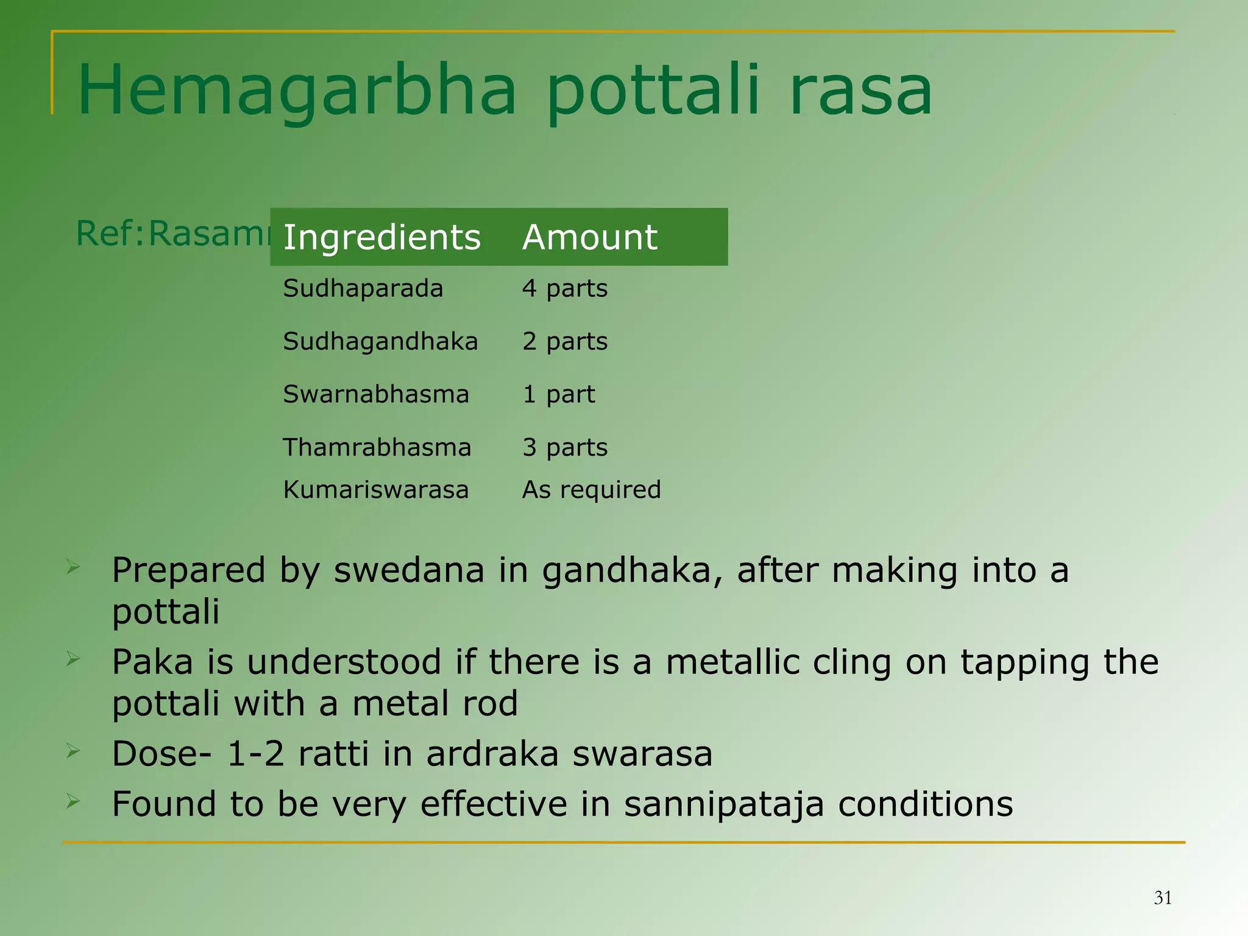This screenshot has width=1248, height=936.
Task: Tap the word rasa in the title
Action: pos(860,91)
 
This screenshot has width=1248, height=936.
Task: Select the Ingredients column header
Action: pos(382,237)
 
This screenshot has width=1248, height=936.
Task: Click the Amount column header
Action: pos(590,237)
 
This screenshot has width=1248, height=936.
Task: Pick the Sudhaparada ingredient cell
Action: pos(363,288)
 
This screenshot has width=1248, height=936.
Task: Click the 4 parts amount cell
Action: pos(565,288)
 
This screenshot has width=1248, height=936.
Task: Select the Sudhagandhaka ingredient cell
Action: pos(380,341)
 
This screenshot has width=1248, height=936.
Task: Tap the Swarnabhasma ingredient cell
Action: pos(376,394)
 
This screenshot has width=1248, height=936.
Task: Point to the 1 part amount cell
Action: pos(558,394)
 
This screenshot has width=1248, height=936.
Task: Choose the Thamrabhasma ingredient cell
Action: pos(377,447)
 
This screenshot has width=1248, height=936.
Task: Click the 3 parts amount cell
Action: pos(565,447)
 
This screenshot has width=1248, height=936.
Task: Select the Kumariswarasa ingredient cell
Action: pos(375,489)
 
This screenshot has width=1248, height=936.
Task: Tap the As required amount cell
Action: pos(591,489)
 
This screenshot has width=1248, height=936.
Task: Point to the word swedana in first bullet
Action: pos(409,571)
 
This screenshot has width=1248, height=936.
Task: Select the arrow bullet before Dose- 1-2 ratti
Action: pos(73,751)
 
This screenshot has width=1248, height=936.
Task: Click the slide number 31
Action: pos(1163,898)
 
